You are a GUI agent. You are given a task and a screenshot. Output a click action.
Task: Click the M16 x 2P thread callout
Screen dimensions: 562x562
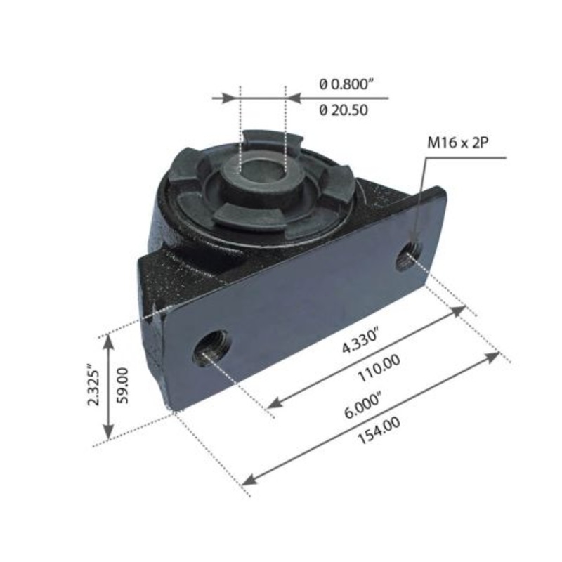(x=458, y=142)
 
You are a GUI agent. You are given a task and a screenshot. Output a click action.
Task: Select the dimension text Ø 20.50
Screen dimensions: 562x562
(x=344, y=110)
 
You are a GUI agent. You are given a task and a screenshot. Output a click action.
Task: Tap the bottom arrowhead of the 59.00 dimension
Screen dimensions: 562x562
(x=108, y=434)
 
